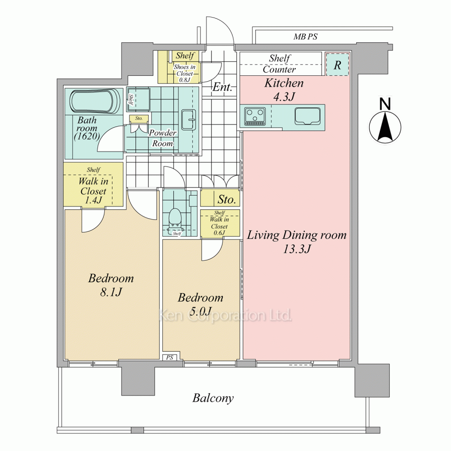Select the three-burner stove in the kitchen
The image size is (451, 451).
pyautogui.click(x=255, y=116)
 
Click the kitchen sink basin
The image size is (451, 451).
pyautogui.click(x=308, y=116)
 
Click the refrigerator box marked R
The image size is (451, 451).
pyautogui.click(x=337, y=64)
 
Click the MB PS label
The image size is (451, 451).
pyautogui.click(x=305, y=37)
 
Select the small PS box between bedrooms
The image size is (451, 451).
pyautogui.click(x=170, y=357)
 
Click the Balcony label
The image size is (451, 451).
pyautogui.click(x=213, y=398)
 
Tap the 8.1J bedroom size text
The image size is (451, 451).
pyautogui.click(x=111, y=292)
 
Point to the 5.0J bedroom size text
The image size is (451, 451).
pyautogui.click(x=201, y=311)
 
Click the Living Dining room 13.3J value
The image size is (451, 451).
pyautogui.click(x=297, y=249)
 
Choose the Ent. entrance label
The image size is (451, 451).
pyautogui.click(x=222, y=87)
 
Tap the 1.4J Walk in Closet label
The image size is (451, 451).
pyautogui.click(x=93, y=191)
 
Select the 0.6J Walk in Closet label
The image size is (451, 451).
pyautogui.click(x=220, y=226)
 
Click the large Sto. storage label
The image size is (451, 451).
pyautogui.click(x=227, y=199)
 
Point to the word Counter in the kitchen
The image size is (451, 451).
pyautogui.click(x=279, y=69)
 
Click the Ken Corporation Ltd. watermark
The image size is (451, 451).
pyautogui.click(x=225, y=315)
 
